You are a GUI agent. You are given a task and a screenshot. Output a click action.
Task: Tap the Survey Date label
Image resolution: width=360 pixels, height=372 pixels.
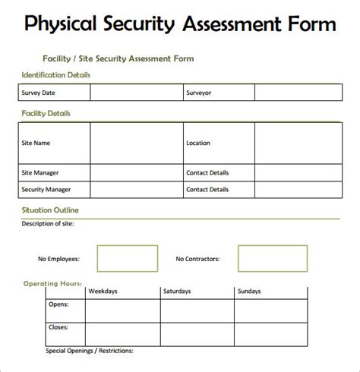[39, 93]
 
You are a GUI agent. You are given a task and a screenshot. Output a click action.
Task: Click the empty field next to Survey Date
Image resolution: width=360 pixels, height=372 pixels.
[135, 93]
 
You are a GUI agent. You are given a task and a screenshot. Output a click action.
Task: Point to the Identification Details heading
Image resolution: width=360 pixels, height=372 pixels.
[56, 75]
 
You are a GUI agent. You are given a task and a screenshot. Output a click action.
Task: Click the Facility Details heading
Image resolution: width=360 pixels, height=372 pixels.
[46, 113]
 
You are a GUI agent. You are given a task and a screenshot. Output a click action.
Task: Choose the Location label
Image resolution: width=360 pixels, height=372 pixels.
[198, 143]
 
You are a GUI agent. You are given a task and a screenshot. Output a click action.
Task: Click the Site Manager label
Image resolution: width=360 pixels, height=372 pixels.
[41, 172]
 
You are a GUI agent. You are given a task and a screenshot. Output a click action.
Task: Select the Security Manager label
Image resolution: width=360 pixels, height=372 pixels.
[47, 189]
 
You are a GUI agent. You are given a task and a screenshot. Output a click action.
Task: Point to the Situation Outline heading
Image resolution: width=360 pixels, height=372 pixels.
[50, 210]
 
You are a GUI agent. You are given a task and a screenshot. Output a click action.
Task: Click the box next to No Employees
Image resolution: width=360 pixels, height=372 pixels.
[128, 258]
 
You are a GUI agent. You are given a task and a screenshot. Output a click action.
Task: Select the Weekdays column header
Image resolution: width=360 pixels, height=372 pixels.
[103, 291]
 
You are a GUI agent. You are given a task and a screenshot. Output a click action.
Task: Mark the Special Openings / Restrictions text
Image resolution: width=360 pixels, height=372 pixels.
[90, 351]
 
